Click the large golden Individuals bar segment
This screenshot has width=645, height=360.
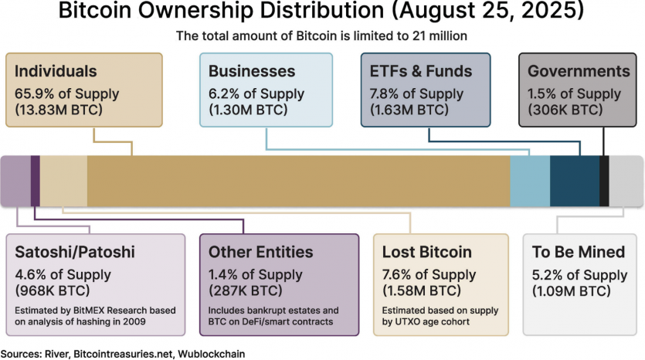[298, 181]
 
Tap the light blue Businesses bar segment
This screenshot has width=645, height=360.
[530, 181]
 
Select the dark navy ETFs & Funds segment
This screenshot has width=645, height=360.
[574, 181]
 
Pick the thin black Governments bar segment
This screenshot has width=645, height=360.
[604, 181]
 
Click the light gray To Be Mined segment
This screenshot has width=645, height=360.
[626, 181]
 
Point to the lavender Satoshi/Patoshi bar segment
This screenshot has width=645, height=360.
[15, 181]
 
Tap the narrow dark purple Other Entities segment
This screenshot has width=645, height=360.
[35, 181]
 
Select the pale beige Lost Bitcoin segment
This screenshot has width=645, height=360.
[63, 181]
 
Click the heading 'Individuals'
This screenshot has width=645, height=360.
[56, 71]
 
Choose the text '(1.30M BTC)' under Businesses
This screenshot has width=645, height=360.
[249, 110]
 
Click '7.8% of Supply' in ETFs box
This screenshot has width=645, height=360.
[417, 94]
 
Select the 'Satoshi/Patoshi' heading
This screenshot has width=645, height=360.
[75, 253]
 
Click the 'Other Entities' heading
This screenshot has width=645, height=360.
[261, 253]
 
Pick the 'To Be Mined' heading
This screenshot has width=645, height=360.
[579, 253]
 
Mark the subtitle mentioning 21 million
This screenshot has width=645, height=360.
[322, 36]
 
